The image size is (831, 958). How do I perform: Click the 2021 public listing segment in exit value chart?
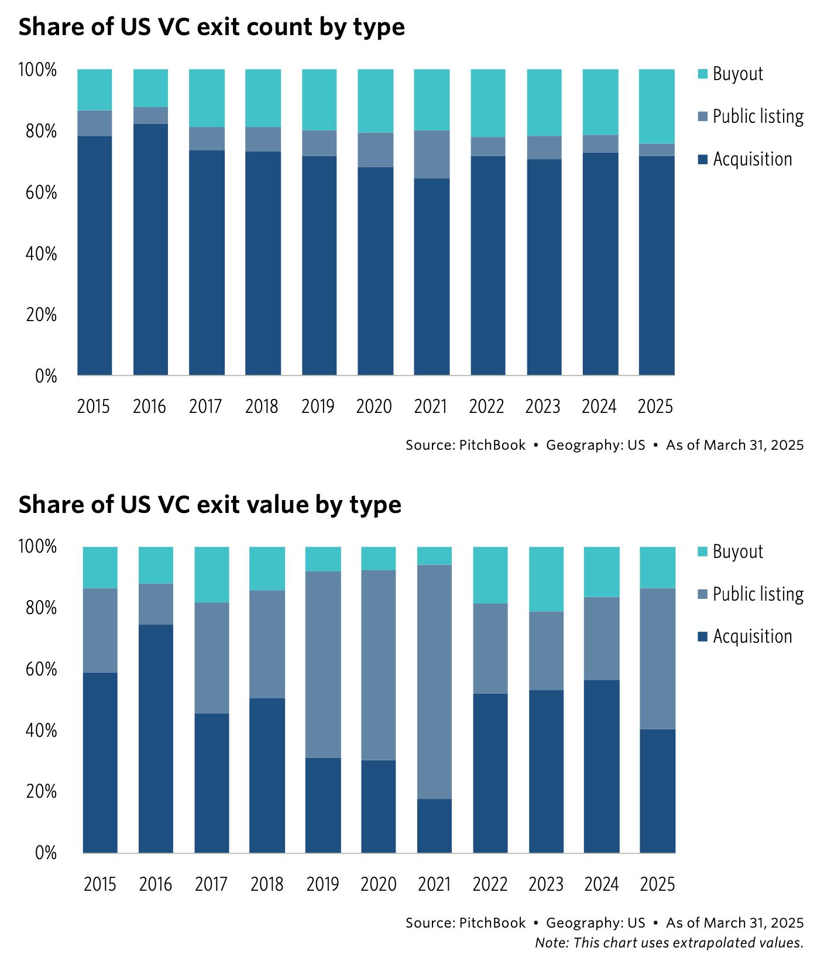coord(434,681)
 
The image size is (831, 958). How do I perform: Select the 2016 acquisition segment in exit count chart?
coord(150,249)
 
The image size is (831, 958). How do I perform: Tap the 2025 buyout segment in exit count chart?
coord(656,106)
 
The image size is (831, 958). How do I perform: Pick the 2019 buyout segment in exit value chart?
coord(323,559)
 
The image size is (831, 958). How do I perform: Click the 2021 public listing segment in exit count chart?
coord(432,154)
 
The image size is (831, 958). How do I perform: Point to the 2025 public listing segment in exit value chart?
coord(657,658)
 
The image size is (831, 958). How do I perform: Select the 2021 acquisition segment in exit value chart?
coord(434,825)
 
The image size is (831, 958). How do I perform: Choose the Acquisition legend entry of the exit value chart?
coord(752,636)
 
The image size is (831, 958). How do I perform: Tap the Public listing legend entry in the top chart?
coord(757,116)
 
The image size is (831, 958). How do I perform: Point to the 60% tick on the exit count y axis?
coord(37,192)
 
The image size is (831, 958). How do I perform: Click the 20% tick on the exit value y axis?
coord(37,792)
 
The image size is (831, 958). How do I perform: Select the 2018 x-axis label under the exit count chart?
coord(262,406)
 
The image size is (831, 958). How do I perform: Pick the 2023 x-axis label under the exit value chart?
coord(545,884)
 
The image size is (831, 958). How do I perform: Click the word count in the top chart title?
coord(257,27)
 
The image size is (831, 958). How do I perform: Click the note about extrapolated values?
coord(668,943)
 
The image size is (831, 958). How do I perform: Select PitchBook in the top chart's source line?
coord(492,445)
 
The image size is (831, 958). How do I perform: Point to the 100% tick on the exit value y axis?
coord(37,547)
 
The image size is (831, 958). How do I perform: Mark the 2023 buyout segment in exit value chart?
coord(546,579)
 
